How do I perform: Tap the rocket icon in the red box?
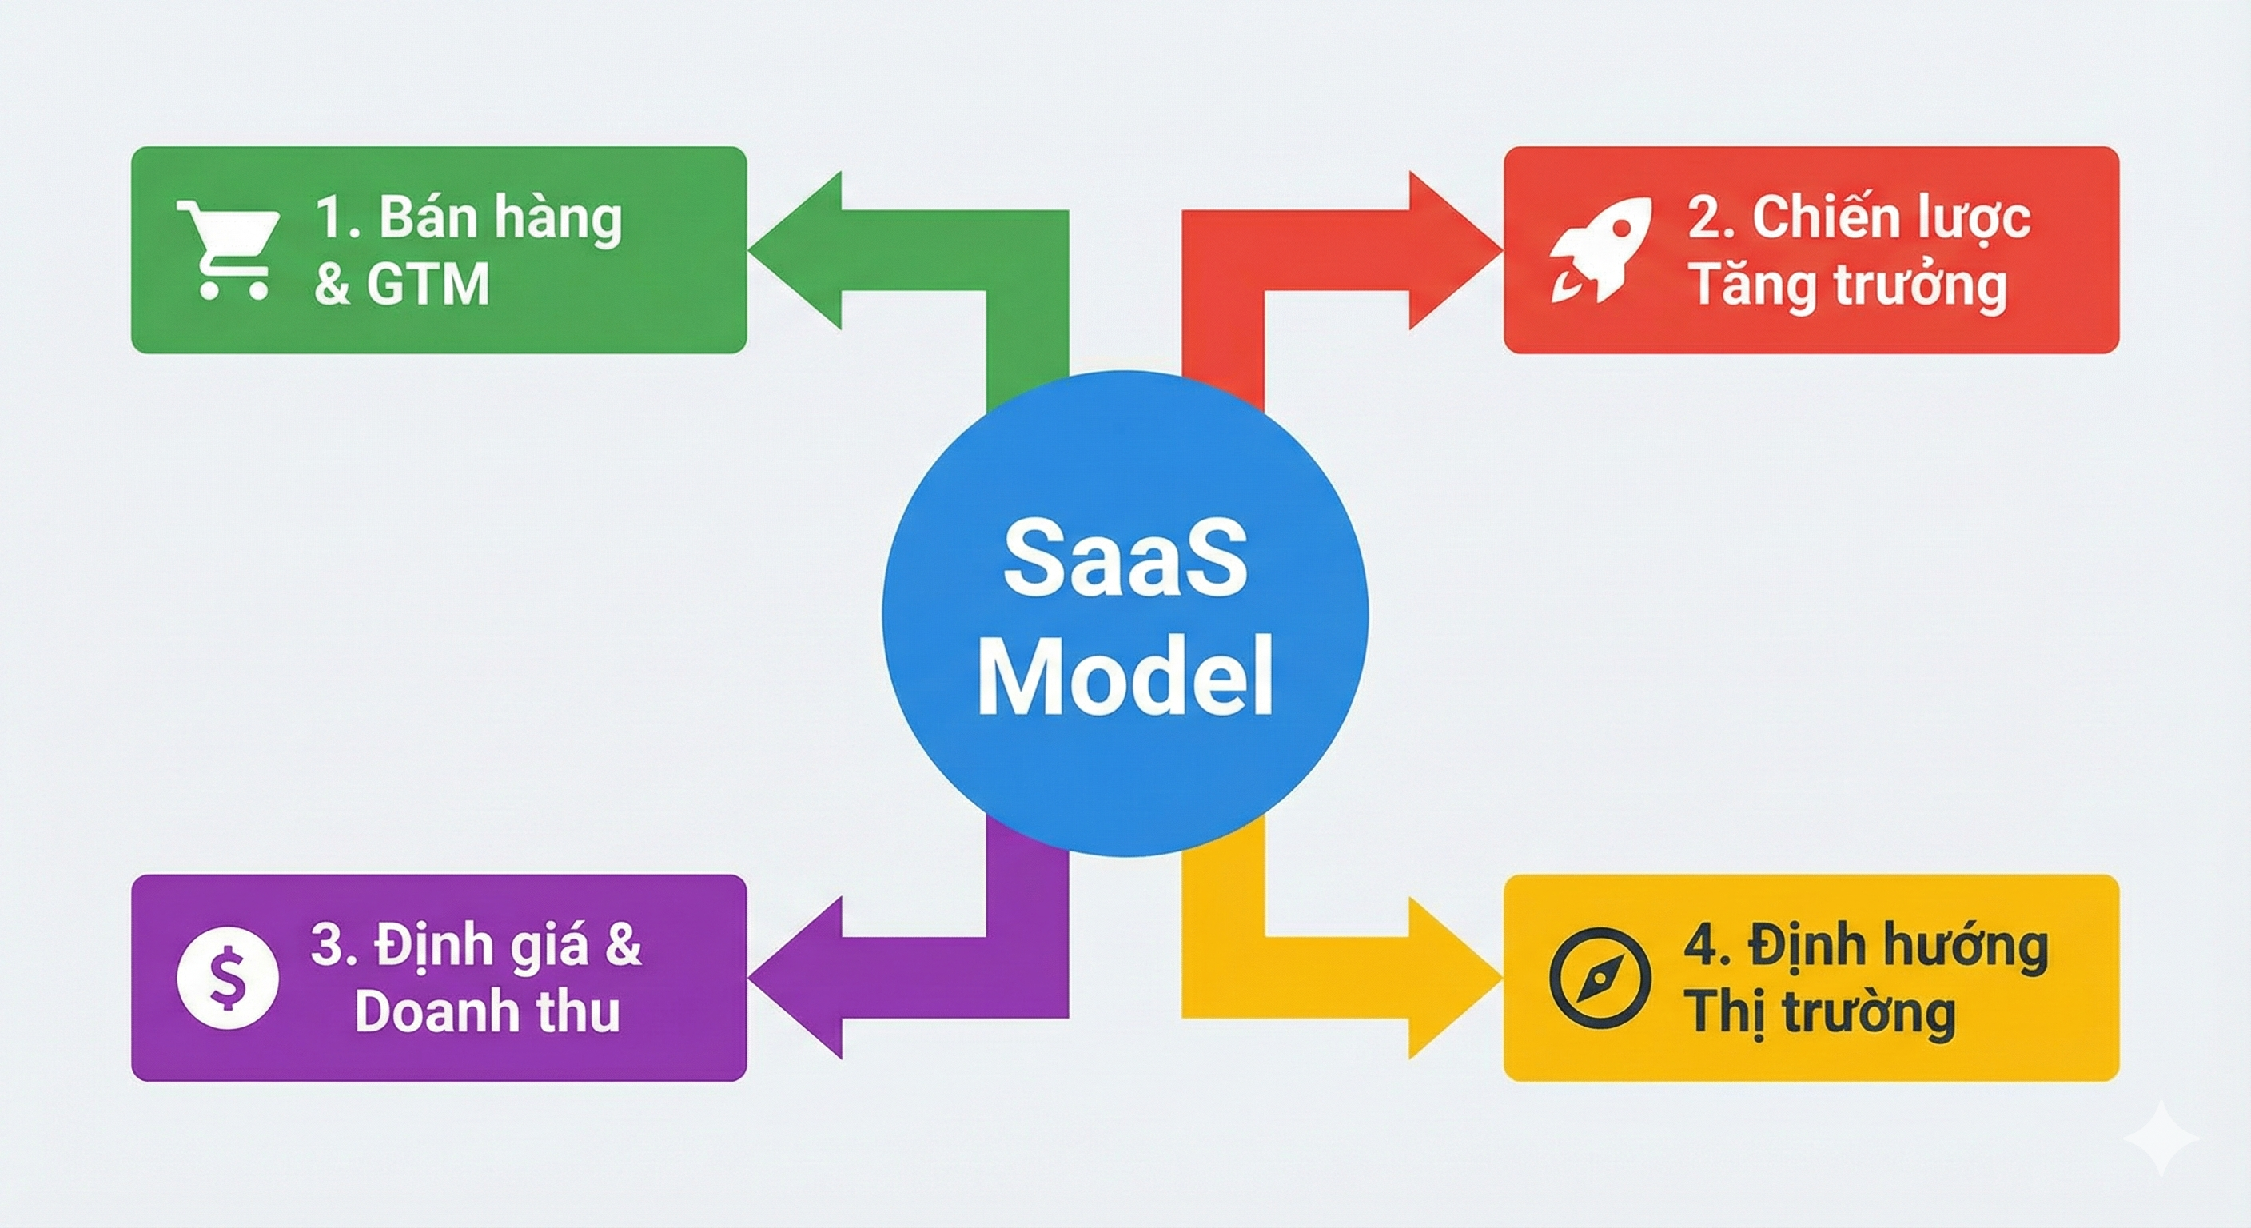point(1601,250)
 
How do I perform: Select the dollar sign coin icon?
point(228,977)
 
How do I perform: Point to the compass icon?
point(1600,977)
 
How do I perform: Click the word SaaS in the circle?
point(1125,560)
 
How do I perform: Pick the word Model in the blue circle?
point(1125,678)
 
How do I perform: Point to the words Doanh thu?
point(488,1012)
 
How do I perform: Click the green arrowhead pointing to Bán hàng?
point(795,250)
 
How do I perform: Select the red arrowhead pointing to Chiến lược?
point(1454,250)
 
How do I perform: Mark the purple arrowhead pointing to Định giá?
point(795,977)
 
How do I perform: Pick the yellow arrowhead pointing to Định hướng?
point(1454,977)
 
